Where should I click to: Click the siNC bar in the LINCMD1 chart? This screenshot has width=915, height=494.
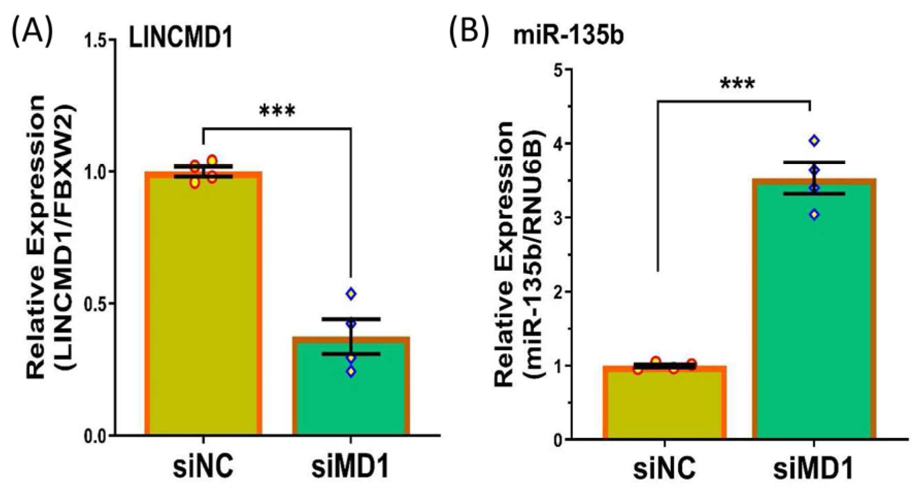(204, 309)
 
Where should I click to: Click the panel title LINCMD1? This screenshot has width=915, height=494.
(180, 39)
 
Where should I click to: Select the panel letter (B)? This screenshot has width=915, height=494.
(469, 32)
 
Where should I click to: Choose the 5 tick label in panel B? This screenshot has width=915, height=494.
(557, 69)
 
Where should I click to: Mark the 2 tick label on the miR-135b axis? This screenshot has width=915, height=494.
(557, 292)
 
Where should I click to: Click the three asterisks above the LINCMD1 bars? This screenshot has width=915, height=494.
(277, 111)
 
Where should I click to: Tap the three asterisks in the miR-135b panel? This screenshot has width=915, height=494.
(737, 84)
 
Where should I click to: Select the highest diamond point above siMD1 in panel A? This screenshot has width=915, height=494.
(351, 294)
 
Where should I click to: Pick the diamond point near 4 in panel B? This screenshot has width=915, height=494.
(814, 141)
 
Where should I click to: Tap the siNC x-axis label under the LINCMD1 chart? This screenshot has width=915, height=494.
(203, 467)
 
